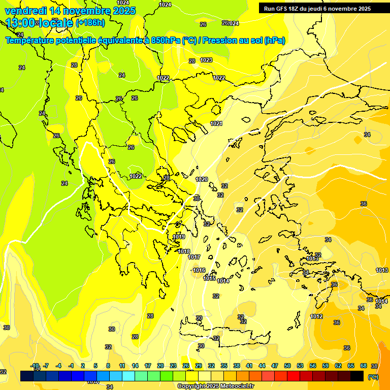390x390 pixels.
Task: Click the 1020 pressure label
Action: [202, 179]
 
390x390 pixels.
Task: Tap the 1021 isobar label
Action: [216, 123]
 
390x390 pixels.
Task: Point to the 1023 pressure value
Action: [206, 60]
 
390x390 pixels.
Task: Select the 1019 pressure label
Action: [179, 237]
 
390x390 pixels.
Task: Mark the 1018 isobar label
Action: [184, 251]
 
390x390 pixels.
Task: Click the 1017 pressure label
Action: [194, 257]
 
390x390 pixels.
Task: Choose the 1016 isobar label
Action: [199, 270]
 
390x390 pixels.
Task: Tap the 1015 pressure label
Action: [209, 278]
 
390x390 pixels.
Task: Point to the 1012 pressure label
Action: [316, 316]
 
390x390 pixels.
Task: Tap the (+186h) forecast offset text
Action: [90, 23]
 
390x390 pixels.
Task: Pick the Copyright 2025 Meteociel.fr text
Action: [215, 386]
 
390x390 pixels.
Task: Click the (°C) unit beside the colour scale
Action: [372, 377]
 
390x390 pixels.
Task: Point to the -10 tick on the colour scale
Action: [35, 366]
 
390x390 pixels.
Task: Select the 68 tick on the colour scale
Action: [364, 366]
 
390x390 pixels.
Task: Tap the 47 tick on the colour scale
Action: [275, 366]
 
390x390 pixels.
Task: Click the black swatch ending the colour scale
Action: [357, 376]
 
